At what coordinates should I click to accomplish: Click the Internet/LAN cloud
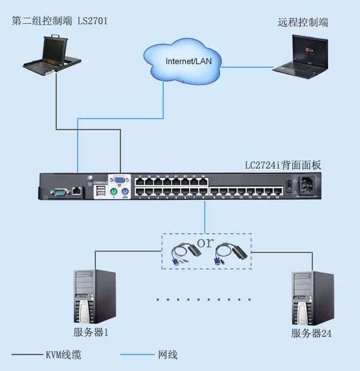point(184,60)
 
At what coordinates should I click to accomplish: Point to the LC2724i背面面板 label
point(285,165)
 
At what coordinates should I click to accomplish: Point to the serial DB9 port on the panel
point(59,191)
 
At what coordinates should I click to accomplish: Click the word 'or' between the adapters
point(205,242)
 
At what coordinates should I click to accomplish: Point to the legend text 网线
point(167,354)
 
